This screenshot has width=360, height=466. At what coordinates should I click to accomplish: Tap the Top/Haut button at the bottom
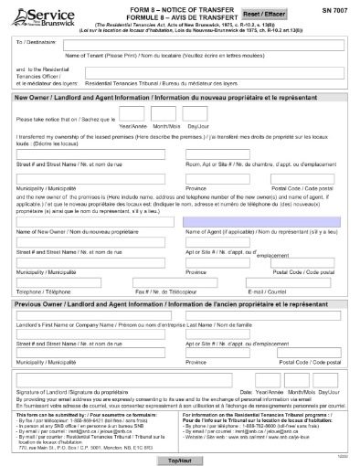coord(180,459)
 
